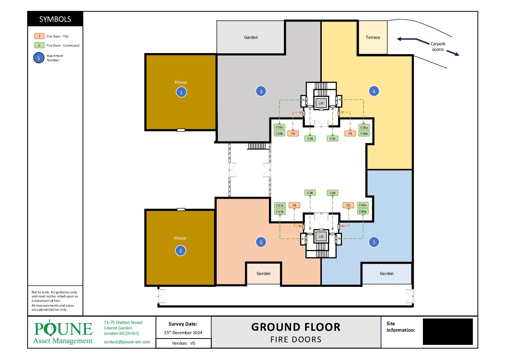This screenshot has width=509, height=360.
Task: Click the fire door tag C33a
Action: pyautogui.click(x=279, y=127)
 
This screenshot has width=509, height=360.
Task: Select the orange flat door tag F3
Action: pyautogui.click(x=293, y=133)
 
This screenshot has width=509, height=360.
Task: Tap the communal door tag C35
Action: pyautogui.click(x=333, y=138)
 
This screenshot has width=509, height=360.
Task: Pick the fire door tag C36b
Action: pyautogui.click(x=364, y=133)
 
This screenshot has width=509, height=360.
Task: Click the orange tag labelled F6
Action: pyautogui.click(x=294, y=206)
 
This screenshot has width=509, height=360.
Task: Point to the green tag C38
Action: pyautogui.click(x=310, y=193)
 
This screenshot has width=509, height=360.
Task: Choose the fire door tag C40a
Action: pyautogui.click(x=363, y=205)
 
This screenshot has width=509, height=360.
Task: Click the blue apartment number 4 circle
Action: pyautogui.click(x=374, y=92)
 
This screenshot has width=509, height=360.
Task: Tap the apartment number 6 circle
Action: pyautogui.click(x=261, y=242)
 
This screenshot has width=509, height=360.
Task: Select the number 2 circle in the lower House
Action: pyautogui.click(x=181, y=251)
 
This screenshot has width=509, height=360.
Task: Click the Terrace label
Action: pyautogui.click(x=373, y=37)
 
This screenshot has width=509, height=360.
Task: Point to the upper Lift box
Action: pyautogui.click(x=321, y=103)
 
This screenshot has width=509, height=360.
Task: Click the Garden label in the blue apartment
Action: pyautogui.click(x=387, y=273)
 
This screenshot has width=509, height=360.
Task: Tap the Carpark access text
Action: pyautogui.click(x=438, y=46)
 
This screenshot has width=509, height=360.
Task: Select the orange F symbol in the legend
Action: pyautogui.click(x=39, y=36)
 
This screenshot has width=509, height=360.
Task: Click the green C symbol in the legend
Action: pyautogui.click(x=39, y=45)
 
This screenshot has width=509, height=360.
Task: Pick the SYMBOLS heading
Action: pyautogui.click(x=55, y=19)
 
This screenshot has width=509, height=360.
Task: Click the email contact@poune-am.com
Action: pyautogui.click(x=127, y=342)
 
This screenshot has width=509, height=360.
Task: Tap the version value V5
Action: pyautogui.click(x=193, y=343)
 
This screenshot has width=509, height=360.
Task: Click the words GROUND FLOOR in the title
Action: pyautogui.click(x=296, y=327)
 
